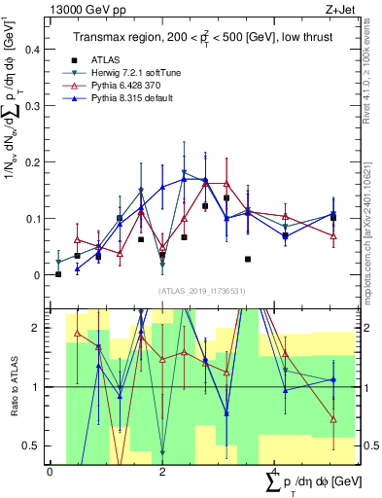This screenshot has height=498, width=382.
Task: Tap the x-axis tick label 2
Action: point(162,473)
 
